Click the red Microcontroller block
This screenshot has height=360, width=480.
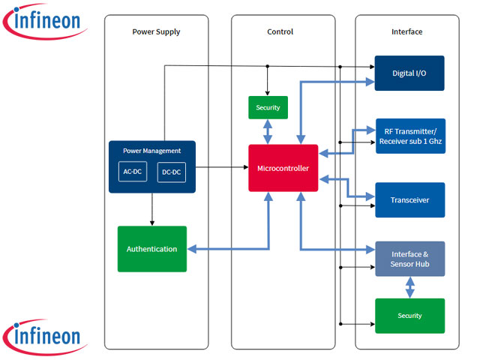coord(283,167)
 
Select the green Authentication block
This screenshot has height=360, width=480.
coord(151,248)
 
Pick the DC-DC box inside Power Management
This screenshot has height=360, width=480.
coord(171,172)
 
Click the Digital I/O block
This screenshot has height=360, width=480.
coord(409,73)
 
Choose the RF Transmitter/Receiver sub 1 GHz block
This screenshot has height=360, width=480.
coord(409,136)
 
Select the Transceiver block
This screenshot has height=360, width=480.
coord(409,199)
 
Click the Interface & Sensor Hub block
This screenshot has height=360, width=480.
coord(409,259)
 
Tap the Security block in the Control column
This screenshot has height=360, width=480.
coord(268,107)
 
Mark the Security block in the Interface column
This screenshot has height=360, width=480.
coord(409,316)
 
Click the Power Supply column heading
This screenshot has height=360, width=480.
coord(156,31)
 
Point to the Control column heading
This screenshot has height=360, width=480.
coord(280,31)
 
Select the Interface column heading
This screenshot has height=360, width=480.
coord(406,31)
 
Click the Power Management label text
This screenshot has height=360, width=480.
coord(151,151)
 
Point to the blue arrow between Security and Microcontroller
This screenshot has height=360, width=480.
coord(268,131)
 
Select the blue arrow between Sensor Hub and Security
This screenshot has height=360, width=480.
coord(409,286)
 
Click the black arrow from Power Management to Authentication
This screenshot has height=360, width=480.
coord(151,209)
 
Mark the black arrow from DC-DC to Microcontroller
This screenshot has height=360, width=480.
coord(222,167)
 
